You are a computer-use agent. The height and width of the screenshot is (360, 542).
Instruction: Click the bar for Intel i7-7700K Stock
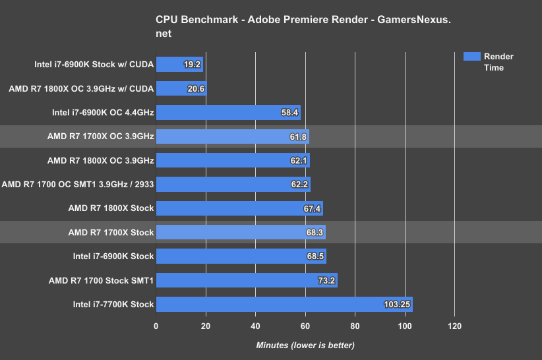click(284, 304)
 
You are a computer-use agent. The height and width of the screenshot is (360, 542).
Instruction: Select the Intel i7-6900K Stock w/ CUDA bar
click(179, 65)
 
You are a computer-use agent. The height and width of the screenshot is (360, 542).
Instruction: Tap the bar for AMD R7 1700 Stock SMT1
click(247, 280)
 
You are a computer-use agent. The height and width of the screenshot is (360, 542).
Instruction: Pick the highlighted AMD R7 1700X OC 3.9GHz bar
click(232, 136)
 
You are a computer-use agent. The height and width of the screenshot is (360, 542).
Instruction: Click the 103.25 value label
click(397, 305)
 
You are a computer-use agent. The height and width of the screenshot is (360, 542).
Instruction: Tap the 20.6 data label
click(196, 89)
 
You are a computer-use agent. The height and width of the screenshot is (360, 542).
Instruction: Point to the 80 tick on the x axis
click(355, 326)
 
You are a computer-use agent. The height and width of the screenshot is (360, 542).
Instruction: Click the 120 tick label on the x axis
click(454, 326)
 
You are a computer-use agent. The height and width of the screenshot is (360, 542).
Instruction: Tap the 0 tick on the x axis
click(156, 326)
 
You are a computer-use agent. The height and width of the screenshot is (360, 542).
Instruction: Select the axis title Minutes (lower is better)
click(305, 345)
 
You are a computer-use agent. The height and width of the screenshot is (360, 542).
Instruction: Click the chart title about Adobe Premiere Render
click(303, 26)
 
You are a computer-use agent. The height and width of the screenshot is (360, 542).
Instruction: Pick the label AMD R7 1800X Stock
click(111, 208)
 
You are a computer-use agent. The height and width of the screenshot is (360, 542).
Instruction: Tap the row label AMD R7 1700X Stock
click(111, 232)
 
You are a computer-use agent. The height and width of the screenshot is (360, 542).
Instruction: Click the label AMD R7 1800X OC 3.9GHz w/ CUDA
click(81, 88)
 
